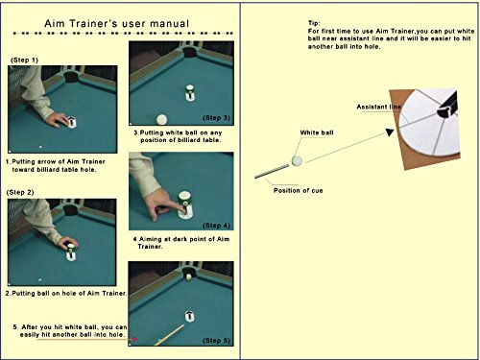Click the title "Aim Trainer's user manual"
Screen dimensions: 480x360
click(x=116, y=23)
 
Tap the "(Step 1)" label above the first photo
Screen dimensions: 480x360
click(x=24, y=60)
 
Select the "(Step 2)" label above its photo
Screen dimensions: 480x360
click(x=20, y=192)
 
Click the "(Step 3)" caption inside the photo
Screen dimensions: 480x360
click(x=216, y=118)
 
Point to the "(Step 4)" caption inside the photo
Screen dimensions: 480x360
click(x=216, y=226)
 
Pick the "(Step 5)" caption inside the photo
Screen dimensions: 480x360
click(x=216, y=341)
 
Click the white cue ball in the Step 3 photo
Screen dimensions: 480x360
click(x=161, y=119)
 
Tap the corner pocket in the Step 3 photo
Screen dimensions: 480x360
click(x=189, y=51)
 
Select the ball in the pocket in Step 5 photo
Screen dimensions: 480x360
click(x=189, y=276)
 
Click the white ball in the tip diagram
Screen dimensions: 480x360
click(x=297, y=160)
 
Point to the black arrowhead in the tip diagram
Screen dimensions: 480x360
click(x=390, y=132)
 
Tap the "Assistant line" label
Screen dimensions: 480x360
click(x=379, y=107)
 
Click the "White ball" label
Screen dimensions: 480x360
click(x=317, y=132)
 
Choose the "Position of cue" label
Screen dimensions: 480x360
click(x=299, y=191)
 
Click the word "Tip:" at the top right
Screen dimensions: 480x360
click(x=314, y=23)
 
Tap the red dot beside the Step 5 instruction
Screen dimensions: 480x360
click(x=134, y=339)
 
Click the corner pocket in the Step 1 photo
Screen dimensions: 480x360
click(x=70, y=76)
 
